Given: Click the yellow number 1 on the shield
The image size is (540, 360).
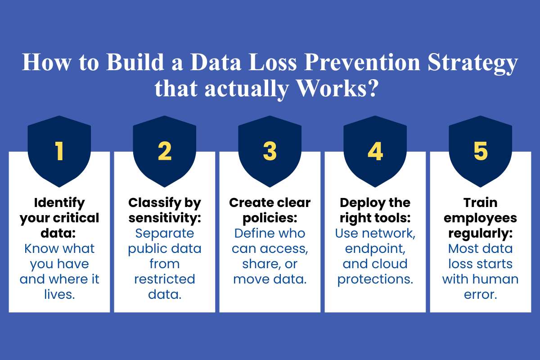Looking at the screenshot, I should (x=59, y=152).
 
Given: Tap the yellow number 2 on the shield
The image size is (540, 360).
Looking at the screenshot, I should (x=165, y=152).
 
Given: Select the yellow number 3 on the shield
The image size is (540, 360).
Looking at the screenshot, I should (x=270, y=152).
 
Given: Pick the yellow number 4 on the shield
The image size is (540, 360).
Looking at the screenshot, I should (x=375, y=152).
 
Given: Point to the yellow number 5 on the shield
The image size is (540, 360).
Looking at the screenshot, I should (x=480, y=152).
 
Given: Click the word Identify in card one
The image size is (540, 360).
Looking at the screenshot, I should (x=59, y=203).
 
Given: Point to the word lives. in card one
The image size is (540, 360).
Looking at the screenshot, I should (x=59, y=294).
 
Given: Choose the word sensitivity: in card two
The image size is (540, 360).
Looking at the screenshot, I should (x=165, y=218).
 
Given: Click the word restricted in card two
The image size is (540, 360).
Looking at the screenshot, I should (x=165, y=279).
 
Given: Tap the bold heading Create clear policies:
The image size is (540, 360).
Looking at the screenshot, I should (x=270, y=211).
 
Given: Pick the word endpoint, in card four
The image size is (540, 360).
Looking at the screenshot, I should (x=375, y=248).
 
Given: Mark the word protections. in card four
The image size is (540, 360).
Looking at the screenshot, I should (x=375, y=279).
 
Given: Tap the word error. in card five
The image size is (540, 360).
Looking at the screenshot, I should (x=480, y=294).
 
